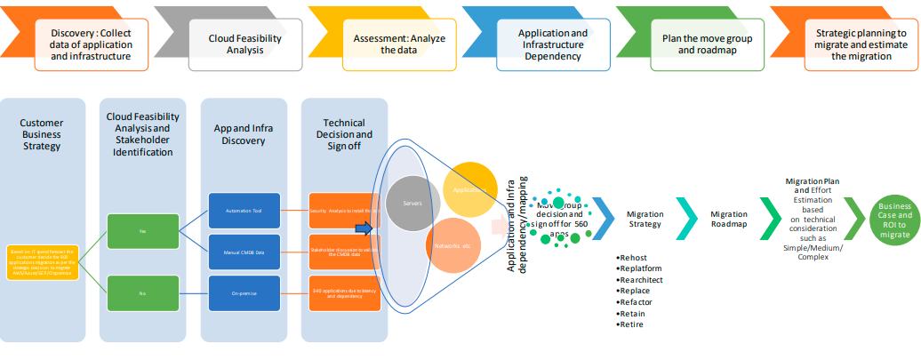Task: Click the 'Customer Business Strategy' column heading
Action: click(x=42, y=132)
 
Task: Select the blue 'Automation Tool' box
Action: click(x=244, y=211)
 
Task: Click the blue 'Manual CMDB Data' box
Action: click(x=244, y=253)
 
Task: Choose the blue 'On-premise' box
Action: click(x=244, y=293)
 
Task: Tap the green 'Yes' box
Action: click(x=143, y=231)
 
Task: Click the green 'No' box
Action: click(x=143, y=292)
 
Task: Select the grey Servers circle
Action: click(x=414, y=204)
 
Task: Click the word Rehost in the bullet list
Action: click(x=635, y=257)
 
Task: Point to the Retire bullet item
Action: click(x=633, y=324)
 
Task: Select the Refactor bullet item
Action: click(x=637, y=302)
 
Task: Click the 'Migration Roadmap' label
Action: click(x=729, y=220)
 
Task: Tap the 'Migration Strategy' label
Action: click(x=645, y=220)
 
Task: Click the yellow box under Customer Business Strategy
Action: click(x=43, y=263)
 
